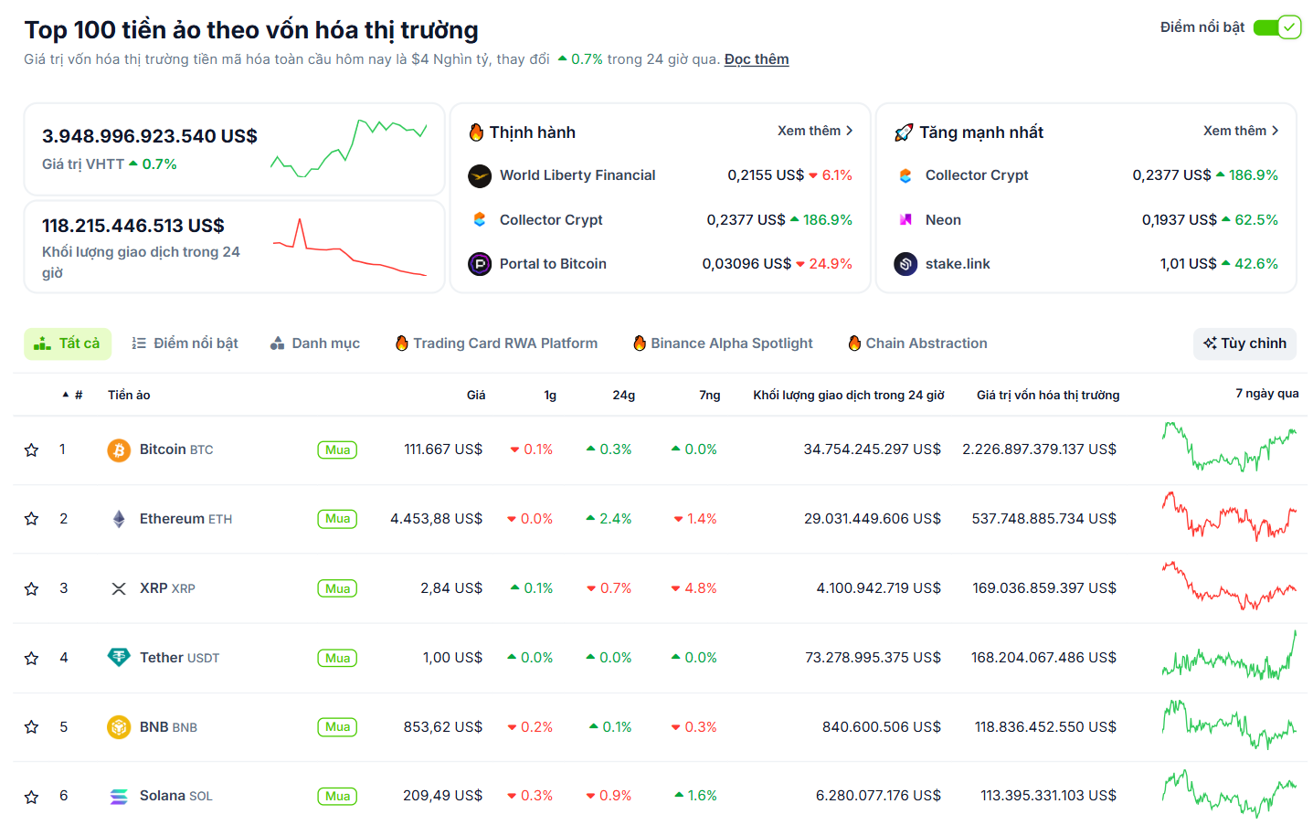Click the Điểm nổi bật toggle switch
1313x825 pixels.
tap(1276, 27)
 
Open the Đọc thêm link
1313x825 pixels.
tap(756, 59)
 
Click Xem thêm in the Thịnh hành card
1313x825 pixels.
tap(814, 131)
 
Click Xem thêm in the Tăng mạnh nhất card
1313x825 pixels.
tap(1240, 131)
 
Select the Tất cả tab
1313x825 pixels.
tap(68, 344)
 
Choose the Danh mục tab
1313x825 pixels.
tap(315, 344)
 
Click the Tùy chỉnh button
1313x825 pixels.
tap(1244, 344)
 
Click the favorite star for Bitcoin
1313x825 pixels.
tap(32, 450)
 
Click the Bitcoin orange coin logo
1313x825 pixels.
tap(119, 450)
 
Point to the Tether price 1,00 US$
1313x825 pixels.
tap(452, 658)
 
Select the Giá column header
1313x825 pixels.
tap(476, 395)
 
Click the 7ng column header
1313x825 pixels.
tap(709, 395)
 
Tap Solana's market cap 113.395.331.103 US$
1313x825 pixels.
tap(1048, 796)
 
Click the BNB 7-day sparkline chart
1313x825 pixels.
tap(1229, 725)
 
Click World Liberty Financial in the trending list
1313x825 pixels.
tap(577, 175)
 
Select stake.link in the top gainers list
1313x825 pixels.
tap(957, 264)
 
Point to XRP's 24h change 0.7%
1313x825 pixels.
tap(609, 588)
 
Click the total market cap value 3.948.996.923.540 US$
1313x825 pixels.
tap(150, 136)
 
